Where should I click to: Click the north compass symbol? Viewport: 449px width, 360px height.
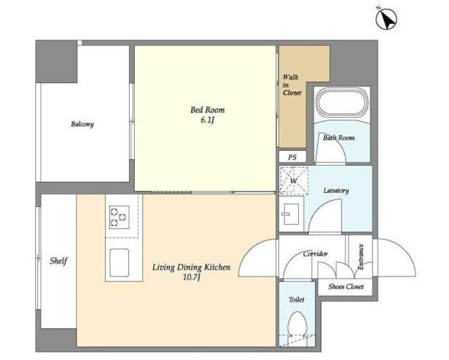click(387, 18)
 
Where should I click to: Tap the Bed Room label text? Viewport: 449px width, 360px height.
click(208, 109)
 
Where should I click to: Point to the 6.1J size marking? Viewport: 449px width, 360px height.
click(208, 120)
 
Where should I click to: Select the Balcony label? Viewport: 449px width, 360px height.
click(83, 124)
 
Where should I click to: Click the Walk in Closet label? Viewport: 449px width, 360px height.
click(292, 85)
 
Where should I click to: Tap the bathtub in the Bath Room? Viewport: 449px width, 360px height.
click(342, 102)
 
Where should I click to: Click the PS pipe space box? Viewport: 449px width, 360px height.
click(293, 157)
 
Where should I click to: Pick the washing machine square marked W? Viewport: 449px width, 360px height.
click(294, 180)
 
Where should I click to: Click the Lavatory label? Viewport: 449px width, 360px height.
click(336, 190)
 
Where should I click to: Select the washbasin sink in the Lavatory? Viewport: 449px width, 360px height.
click(290, 214)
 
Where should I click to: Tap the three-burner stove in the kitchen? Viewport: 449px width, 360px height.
click(119, 217)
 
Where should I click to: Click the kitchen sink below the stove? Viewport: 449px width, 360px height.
click(119, 262)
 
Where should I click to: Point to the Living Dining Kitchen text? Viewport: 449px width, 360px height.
click(192, 267)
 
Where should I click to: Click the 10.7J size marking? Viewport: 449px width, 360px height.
click(192, 277)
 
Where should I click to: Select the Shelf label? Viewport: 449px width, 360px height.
click(58, 261)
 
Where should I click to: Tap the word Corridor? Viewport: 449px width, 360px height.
click(315, 254)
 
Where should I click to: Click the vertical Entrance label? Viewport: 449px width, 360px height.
click(361, 257)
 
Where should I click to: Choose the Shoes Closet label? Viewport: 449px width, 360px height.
click(346, 286)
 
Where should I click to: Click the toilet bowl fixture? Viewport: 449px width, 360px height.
click(297, 328)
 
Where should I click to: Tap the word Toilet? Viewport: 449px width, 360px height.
click(296, 300)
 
